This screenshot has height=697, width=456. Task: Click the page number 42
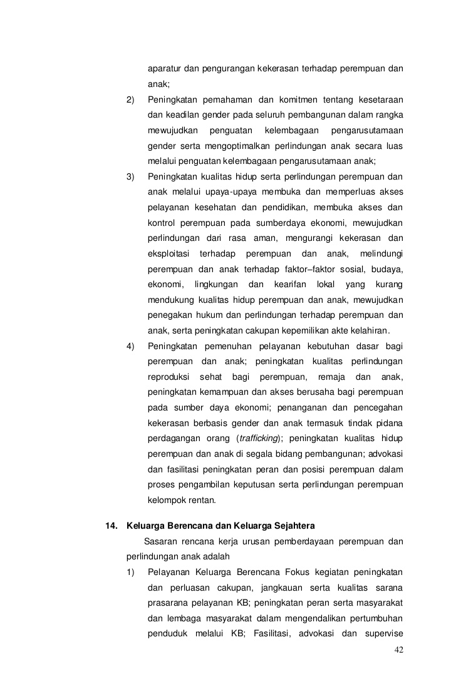pos(398,649)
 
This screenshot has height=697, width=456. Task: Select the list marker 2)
pos(130,99)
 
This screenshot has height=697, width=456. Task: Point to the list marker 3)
pos(130,176)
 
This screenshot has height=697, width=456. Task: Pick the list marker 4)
pos(130,346)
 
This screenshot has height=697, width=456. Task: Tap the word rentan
pos(203,500)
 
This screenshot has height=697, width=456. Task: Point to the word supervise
pos(383,633)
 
